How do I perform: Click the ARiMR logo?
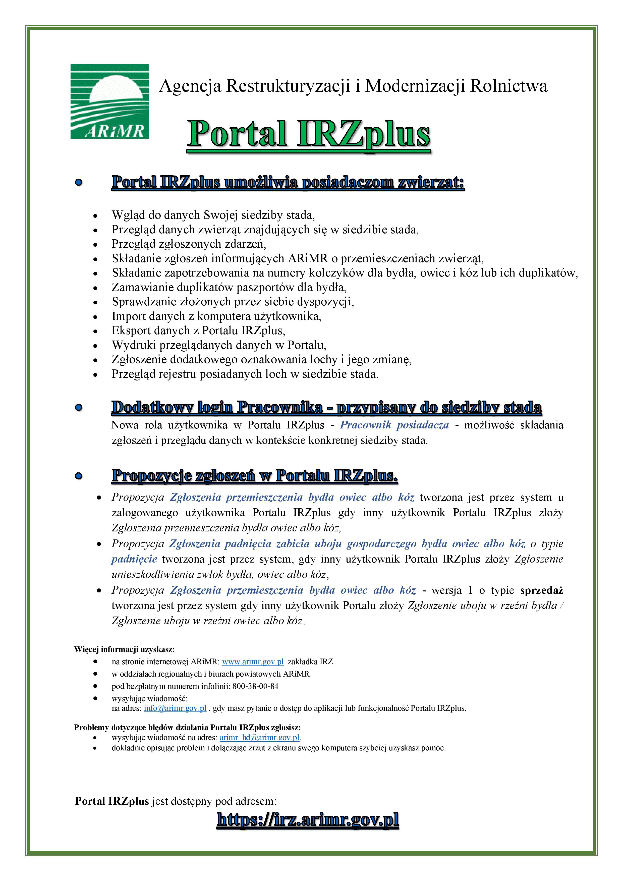pyautogui.click(x=109, y=101)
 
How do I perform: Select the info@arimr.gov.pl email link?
pyautogui.click(x=175, y=708)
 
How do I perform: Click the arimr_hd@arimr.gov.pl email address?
pyautogui.click(x=259, y=738)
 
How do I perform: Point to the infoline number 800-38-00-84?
pyautogui.click(x=255, y=686)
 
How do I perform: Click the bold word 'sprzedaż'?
pyautogui.click(x=542, y=590)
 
